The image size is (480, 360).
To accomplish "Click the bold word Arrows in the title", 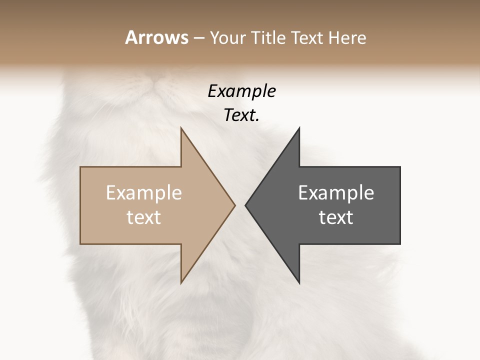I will click(x=156, y=37).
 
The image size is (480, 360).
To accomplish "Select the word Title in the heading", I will click(x=268, y=37).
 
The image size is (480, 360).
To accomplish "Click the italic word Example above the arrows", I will click(x=241, y=91).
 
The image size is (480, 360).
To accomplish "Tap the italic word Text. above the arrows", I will click(x=241, y=115).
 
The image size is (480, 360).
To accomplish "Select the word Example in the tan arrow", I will click(x=144, y=193).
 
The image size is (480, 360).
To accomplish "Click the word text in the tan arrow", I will click(x=144, y=217).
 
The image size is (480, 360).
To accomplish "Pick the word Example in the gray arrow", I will click(x=336, y=193).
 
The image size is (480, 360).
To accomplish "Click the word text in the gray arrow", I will click(x=336, y=217).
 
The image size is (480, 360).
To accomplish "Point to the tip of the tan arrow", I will click(x=235, y=205).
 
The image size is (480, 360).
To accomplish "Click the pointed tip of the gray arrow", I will click(x=245, y=205).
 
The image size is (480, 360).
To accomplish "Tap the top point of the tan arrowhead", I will click(x=181, y=128).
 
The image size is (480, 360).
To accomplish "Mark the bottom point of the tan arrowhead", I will click(x=181, y=282).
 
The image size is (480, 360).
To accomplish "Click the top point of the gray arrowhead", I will click(x=299, y=128).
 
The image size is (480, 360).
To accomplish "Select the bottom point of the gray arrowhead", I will click(x=299, y=282).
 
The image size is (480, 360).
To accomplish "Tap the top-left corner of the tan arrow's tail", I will click(x=80, y=167).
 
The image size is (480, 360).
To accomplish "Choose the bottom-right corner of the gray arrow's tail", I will click(x=400, y=244).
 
